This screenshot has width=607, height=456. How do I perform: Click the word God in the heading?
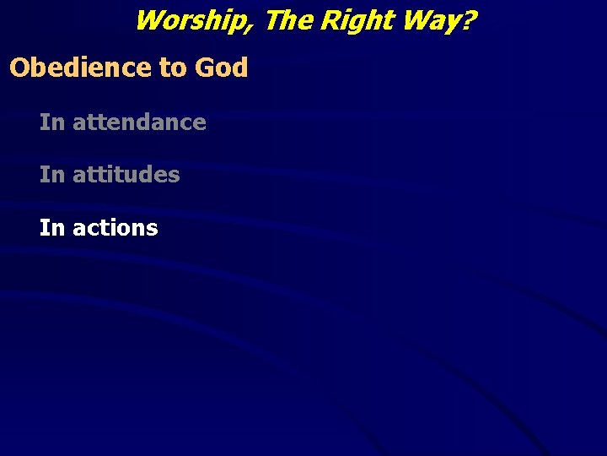(x=220, y=68)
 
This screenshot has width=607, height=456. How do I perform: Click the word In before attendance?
(x=51, y=122)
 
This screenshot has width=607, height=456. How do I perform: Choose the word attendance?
(x=139, y=122)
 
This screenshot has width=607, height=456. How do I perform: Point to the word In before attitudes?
(x=51, y=175)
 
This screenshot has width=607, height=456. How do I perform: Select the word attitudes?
(x=126, y=175)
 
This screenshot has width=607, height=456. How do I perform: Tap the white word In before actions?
(x=51, y=228)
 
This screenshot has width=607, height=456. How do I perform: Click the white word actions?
(x=115, y=228)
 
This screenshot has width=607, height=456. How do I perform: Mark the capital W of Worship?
(x=149, y=19)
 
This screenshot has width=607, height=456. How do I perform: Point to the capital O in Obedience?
(x=19, y=68)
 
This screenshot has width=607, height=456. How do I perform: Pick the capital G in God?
(x=203, y=68)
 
